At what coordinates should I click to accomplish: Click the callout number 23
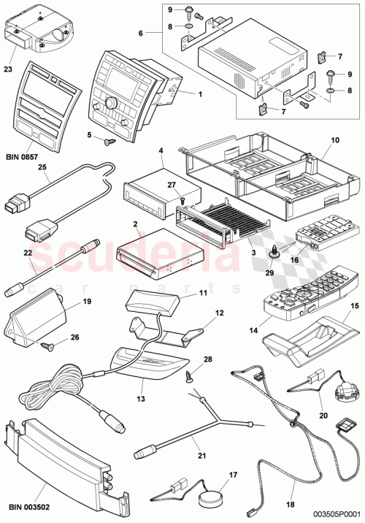pos(9,71)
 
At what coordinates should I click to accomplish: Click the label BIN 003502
pos(31,505)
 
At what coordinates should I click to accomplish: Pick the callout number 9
pos(168,10)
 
